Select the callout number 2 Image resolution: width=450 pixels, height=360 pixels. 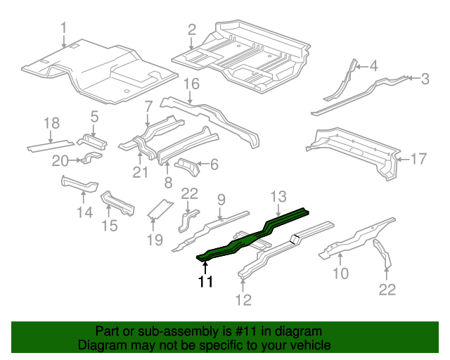(x=191, y=30)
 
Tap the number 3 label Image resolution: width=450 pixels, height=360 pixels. (x=425, y=79)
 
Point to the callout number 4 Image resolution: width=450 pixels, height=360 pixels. (x=373, y=67)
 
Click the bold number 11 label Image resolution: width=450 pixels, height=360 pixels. (x=205, y=282)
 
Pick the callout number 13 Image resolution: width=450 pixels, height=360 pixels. (x=279, y=195)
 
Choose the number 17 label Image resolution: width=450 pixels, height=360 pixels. (x=418, y=159)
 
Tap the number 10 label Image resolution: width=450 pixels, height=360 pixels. (x=340, y=272)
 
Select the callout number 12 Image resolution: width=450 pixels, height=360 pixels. (x=243, y=302)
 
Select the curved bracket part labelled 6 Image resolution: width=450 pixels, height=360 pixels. (x=188, y=167)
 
